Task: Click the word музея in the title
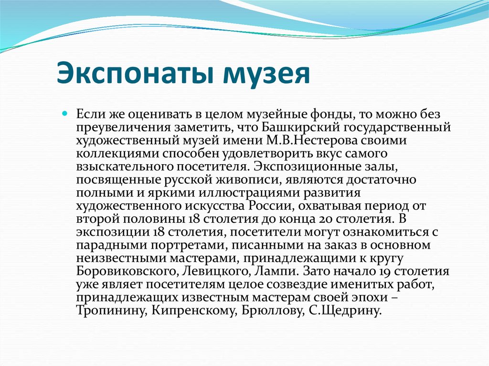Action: [265, 73]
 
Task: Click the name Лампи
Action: [260, 272]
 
